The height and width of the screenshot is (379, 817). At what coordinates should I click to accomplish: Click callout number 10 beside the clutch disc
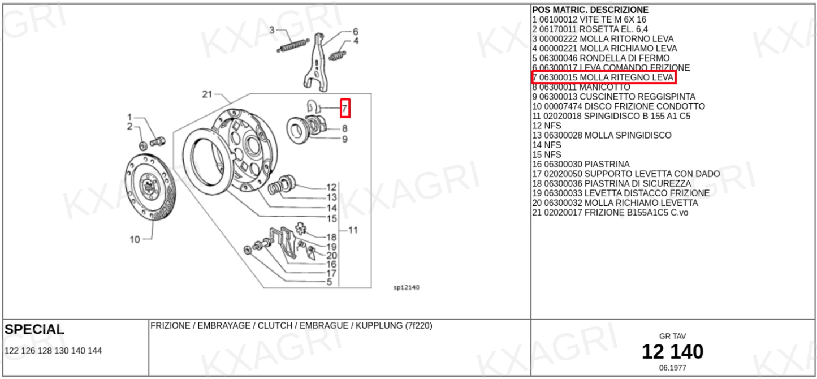point(135,240)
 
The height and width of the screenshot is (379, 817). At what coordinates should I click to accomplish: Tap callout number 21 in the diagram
point(207,94)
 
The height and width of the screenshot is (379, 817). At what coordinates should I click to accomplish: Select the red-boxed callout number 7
point(345,109)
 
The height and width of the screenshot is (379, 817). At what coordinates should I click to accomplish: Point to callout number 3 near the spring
point(272,30)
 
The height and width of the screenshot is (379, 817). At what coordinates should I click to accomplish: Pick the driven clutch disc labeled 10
point(150,187)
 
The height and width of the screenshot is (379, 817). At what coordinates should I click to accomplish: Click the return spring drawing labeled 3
point(293,45)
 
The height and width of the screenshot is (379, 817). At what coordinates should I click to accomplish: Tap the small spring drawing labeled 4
point(338,55)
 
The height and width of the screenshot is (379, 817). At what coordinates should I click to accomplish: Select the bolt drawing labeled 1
point(158,141)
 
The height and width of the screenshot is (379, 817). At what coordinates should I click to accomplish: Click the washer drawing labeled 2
point(144,146)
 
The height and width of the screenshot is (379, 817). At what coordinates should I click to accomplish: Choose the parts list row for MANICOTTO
point(581,87)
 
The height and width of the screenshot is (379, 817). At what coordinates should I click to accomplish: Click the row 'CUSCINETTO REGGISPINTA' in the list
point(614,97)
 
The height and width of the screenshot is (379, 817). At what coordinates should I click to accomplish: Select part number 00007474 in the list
point(563,106)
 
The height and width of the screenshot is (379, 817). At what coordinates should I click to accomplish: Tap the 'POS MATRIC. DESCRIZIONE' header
point(590,10)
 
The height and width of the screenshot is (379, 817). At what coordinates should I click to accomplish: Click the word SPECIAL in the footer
point(34,329)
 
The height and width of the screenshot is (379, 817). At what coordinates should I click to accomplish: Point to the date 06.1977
point(673,368)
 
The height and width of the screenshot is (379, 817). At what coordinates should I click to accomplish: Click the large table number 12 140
point(673,352)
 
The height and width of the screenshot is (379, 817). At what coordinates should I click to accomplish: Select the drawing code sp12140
point(407,287)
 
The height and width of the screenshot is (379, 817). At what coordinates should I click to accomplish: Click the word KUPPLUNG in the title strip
point(379,325)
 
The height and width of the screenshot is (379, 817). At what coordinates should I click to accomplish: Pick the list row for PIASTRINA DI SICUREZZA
point(612,183)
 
